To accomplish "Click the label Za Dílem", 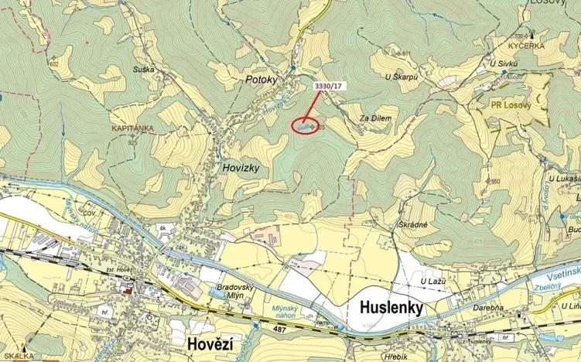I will pyautogui.click(x=375, y=118).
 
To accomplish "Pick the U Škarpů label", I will pyautogui.click(x=401, y=77).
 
